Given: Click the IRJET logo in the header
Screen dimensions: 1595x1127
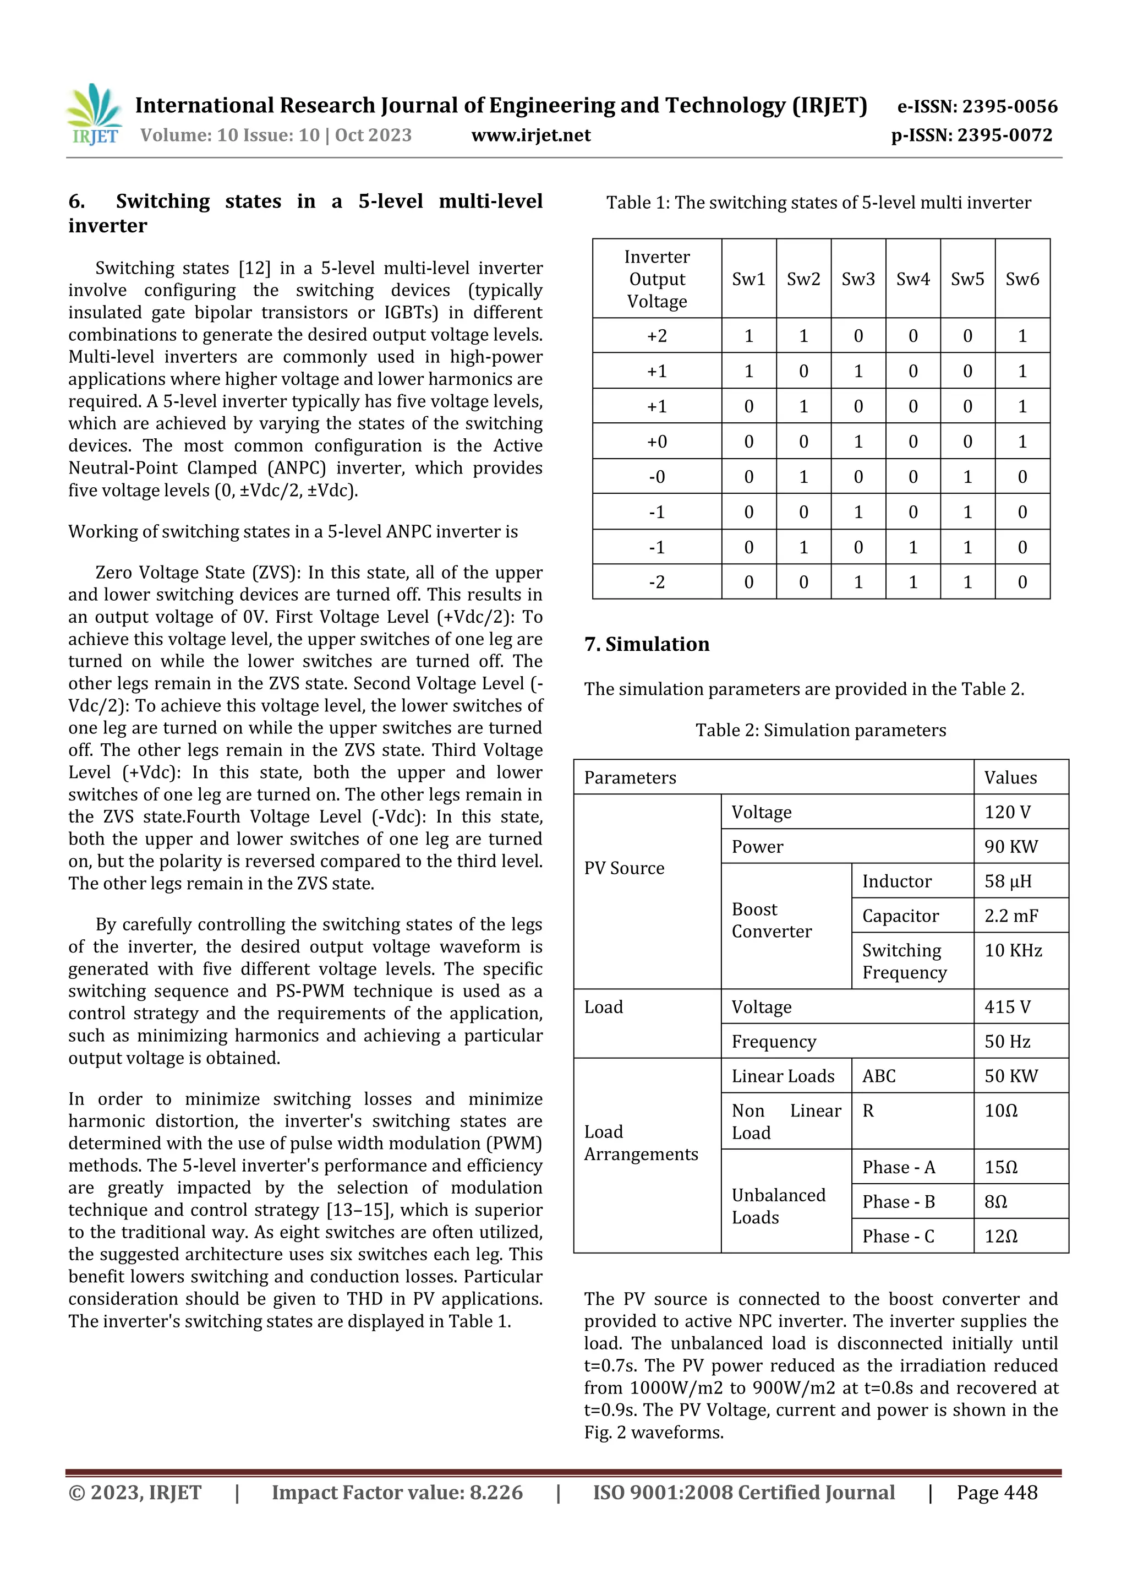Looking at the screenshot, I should (x=95, y=115).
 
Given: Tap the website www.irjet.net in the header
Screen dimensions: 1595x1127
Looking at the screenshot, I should (x=530, y=135).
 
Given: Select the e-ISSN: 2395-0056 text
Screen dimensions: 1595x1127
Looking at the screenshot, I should (x=977, y=106).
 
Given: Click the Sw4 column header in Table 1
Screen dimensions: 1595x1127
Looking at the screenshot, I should (x=912, y=279).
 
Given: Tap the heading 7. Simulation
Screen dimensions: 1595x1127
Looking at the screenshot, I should (x=647, y=644).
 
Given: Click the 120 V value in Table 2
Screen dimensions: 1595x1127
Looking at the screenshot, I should (x=1007, y=812).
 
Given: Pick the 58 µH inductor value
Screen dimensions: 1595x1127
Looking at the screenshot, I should (x=1008, y=881).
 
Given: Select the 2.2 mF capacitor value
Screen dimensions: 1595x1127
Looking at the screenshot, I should (x=1010, y=916).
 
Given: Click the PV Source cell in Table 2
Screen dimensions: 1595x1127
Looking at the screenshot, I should (x=623, y=868).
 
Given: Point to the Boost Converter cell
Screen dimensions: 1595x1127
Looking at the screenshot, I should (x=771, y=921).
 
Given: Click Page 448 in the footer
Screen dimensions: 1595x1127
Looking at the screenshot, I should (x=997, y=1492).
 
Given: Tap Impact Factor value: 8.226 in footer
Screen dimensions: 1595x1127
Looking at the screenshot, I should (x=397, y=1492).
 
